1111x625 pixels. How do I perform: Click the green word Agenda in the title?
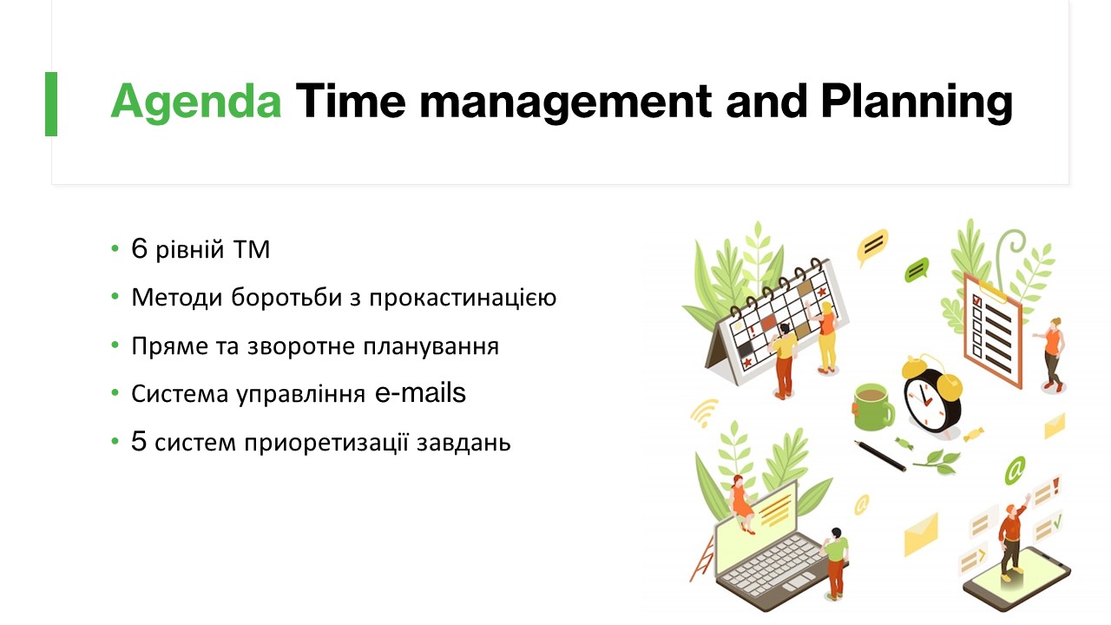click(196, 102)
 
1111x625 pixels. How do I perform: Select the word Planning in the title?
click(917, 102)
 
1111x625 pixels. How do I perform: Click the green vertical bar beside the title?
click(51, 103)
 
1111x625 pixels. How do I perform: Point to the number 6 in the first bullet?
click(140, 248)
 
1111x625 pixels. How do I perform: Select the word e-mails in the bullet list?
click(421, 393)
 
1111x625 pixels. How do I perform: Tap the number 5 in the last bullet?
click(139, 442)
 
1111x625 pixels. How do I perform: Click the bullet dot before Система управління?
click(115, 393)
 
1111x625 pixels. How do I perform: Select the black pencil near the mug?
click(880, 456)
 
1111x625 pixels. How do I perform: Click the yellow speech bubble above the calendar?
click(873, 246)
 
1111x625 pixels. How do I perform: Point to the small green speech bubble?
click(917, 270)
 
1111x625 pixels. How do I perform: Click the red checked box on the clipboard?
click(977, 300)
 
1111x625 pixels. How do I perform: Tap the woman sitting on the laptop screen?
click(741, 503)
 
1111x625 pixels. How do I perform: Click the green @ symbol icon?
click(1015, 470)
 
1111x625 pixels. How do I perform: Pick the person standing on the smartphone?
click(1013, 537)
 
